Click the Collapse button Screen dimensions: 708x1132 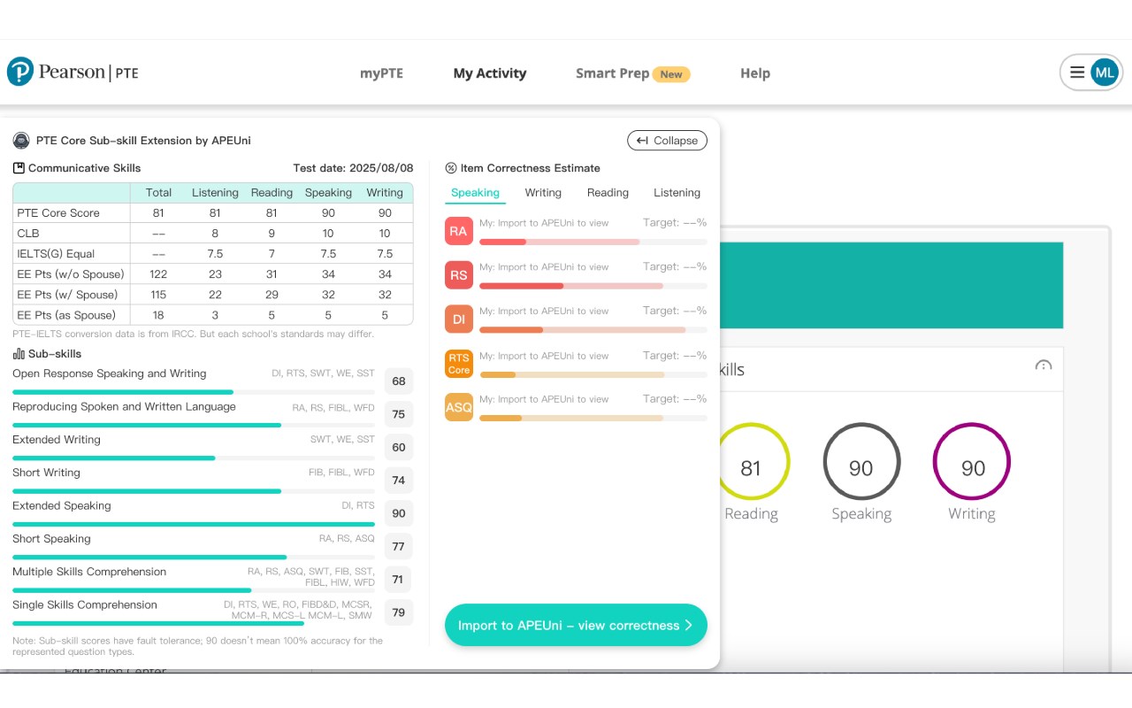tap(667, 141)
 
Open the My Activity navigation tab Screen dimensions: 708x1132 tap(489, 73)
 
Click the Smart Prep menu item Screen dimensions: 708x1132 tap(613, 73)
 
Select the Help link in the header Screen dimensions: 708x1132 tap(754, 73)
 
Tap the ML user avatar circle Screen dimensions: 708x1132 tap(1104, 73)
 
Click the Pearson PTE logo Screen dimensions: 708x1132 tap(73, 72)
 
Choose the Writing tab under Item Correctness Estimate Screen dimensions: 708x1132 tap(542, 193)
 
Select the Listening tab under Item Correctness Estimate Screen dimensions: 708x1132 tap(677, 193)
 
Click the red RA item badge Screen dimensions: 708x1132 tap(458, 232)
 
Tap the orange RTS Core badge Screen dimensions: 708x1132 tap(458, 364)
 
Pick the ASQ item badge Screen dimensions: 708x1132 tap(458, 407)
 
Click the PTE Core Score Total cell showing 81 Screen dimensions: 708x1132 tap(158, 213)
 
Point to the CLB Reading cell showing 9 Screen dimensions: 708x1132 tap(272, 234)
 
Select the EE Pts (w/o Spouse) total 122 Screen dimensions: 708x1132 tap(158, 274)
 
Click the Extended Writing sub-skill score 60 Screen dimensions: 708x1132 tap(399, 448)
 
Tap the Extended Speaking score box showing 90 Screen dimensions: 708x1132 tap(399, 513)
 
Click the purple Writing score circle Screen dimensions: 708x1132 tap(972, 462)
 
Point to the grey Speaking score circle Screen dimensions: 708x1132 tap(861, 462)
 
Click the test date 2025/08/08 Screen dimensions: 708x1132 tap(381, 168)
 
